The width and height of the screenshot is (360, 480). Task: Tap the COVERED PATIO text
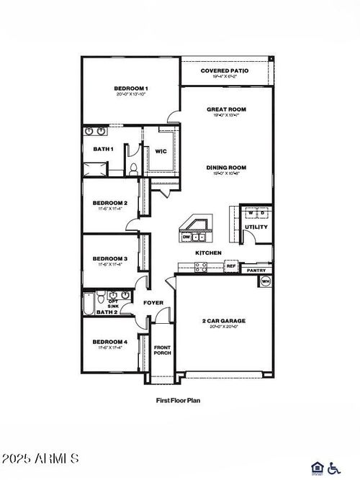(224, 71)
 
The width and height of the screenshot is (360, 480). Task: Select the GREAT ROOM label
(226, 110)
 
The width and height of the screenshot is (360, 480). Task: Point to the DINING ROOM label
(226, 168)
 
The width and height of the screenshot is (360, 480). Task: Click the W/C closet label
(161, 151)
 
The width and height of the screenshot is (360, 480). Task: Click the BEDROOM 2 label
(110, 203)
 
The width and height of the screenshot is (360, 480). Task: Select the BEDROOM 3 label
(110, 258)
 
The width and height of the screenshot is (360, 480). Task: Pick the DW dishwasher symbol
(186, 236)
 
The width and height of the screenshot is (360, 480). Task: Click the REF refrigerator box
(231, 266)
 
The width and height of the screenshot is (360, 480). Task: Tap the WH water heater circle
(265, 281)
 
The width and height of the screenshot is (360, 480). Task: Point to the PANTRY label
(256, 271)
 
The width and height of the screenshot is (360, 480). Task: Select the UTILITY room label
(256, 227)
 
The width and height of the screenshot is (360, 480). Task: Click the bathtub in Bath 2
(89, 304)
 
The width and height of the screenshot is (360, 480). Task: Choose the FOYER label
(153, 303)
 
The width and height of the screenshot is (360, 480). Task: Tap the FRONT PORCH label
(162, 350)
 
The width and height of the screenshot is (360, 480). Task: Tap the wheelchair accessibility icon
(333, 468)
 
